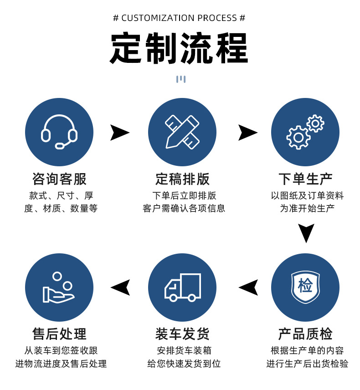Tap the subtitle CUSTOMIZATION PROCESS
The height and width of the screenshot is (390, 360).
coord(179,18)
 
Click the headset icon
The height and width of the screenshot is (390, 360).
coord(59,132)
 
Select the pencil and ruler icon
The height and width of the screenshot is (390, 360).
coord(182,132)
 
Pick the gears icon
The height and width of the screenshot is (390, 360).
coord(305,132)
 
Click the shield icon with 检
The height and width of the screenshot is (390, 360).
coord(305,287)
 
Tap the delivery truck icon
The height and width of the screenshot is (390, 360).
coord(182,287)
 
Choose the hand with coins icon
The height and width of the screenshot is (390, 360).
coord(59,287)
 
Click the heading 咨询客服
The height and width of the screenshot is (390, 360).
coord(59,179)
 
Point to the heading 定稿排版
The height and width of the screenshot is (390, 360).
coord(182,179)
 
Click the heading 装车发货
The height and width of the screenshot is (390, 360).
coord(182,334)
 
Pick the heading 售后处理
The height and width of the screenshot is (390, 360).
coord(59,334)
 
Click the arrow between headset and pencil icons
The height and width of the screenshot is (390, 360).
coord(119,133)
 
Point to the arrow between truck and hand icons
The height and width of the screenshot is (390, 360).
coord(120,287)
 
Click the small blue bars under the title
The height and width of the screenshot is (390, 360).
coord(181,79)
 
